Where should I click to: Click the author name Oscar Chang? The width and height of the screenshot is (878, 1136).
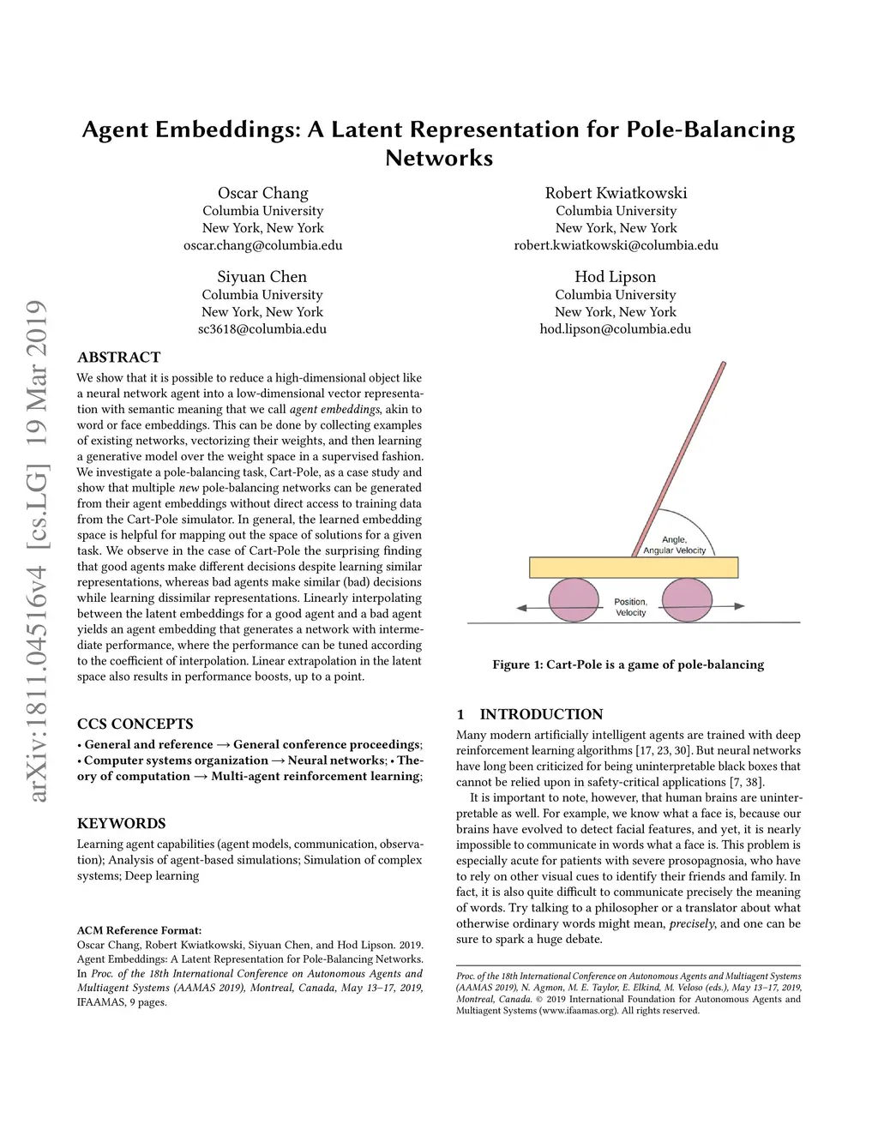tap(262, 193)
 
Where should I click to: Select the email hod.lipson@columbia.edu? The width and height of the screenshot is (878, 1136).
tap(615, 328)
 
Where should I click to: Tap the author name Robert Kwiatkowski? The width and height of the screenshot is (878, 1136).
tap(616, 193)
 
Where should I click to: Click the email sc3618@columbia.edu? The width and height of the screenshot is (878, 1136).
tap(262, 328)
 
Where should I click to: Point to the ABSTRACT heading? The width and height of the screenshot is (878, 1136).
tap(118, 358)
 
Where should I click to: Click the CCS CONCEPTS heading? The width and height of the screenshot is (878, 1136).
tap(135, 724)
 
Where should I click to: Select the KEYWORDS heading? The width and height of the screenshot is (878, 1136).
tap(121, 823)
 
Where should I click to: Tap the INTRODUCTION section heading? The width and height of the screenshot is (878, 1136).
tap(541, 714)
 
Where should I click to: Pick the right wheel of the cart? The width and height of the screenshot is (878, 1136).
tap(688, 598)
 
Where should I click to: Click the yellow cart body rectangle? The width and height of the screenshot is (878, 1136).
tap(633, 567)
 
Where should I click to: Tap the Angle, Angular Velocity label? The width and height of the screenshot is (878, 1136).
tap(675, 545)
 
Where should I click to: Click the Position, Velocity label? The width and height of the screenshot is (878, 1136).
tap(630, 607)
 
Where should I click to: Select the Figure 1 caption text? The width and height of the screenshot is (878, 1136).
tap(628, 664)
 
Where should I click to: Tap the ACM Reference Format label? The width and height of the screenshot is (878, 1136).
tap(139, 930)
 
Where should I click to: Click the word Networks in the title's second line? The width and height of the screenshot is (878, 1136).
tap(439, 159)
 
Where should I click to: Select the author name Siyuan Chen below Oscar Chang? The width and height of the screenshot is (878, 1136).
tap(262, 277)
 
